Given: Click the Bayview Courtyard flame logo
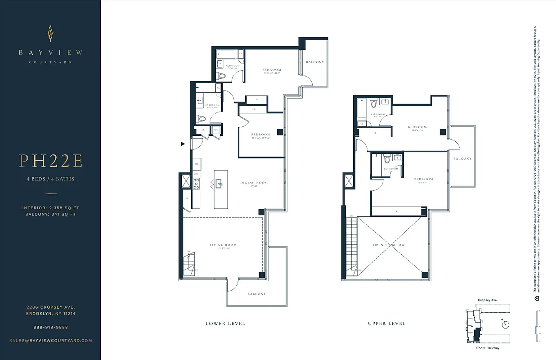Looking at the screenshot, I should [50, 33].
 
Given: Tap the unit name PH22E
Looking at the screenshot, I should [50, 161].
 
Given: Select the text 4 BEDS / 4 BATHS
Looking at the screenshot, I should [50, 179].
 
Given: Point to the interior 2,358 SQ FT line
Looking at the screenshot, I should [50, 208].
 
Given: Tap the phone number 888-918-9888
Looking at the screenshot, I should [50, 327].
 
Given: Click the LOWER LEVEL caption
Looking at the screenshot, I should [225, 324].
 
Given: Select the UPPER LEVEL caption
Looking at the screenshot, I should [386, 324].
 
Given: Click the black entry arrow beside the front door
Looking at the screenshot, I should [183, 144].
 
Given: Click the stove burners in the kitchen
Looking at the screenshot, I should [196, 182].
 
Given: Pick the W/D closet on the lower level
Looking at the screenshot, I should [216, 130].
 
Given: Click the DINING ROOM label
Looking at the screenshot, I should [254, 183].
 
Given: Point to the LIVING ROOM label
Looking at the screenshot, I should [223, 245].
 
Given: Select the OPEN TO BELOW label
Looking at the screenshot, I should [389, 245].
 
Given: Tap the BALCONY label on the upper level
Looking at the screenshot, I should [462, 159].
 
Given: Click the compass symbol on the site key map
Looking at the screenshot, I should [507, 324].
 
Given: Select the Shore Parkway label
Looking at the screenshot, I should [488, 348].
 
